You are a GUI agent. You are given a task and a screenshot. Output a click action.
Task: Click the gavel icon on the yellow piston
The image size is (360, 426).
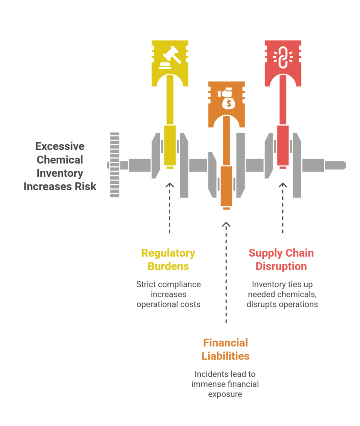coord(170,57)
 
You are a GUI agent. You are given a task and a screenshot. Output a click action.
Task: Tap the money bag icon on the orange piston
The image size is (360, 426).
coord(226,99)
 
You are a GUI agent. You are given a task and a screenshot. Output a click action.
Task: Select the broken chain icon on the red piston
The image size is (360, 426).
coord(283,57)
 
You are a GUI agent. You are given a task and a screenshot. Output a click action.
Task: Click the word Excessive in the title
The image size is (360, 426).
coord(60,146)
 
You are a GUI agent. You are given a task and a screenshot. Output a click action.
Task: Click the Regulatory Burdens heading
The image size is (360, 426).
coord(168,260)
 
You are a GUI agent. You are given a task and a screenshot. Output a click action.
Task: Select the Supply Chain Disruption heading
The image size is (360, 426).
coord(281,260)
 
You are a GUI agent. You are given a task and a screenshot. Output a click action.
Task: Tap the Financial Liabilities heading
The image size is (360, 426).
coord(226,349)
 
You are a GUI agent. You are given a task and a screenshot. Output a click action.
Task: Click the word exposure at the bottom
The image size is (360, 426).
coord(225,394)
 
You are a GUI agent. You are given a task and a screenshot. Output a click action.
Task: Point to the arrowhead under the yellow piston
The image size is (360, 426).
coord(170,185)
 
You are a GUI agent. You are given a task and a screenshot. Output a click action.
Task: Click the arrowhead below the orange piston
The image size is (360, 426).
coord(226,224)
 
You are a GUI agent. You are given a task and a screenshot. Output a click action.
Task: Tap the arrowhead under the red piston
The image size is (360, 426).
coord(283,185)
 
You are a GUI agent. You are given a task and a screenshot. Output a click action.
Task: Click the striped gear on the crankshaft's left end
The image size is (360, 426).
coord(114,165)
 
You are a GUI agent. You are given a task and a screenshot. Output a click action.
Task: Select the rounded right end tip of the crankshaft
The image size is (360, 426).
coord(345,165)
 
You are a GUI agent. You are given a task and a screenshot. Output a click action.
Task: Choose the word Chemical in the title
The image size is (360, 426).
coord(60,160)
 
